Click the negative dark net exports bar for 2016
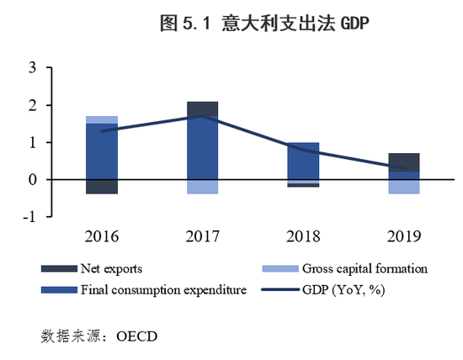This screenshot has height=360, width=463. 102,187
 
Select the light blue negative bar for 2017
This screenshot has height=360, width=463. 202,187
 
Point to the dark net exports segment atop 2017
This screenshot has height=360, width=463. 202,108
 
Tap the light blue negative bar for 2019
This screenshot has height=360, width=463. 404,187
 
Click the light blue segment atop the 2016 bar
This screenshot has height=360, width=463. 102,119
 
